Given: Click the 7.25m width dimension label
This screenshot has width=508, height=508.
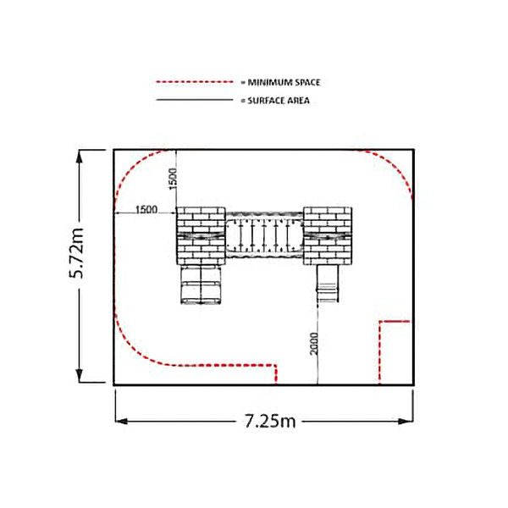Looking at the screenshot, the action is coord(270,421).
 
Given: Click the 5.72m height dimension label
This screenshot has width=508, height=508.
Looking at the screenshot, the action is coord(77,253).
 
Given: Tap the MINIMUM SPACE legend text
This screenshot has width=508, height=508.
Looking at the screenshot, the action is coord(284,82).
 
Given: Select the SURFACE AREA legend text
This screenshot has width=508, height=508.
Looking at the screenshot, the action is coord(279,101).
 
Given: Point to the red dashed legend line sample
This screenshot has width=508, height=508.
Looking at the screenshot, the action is coord(195,82).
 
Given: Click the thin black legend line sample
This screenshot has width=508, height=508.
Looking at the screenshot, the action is coord(195,100).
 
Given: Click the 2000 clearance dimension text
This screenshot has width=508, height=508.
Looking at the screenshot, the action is coord(314,344).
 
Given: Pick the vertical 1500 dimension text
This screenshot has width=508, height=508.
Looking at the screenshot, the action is coord(173,179).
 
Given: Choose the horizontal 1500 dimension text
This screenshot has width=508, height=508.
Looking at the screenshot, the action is coord(146,210).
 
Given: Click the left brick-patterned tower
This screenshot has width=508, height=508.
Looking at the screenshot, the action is coord(201,236).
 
